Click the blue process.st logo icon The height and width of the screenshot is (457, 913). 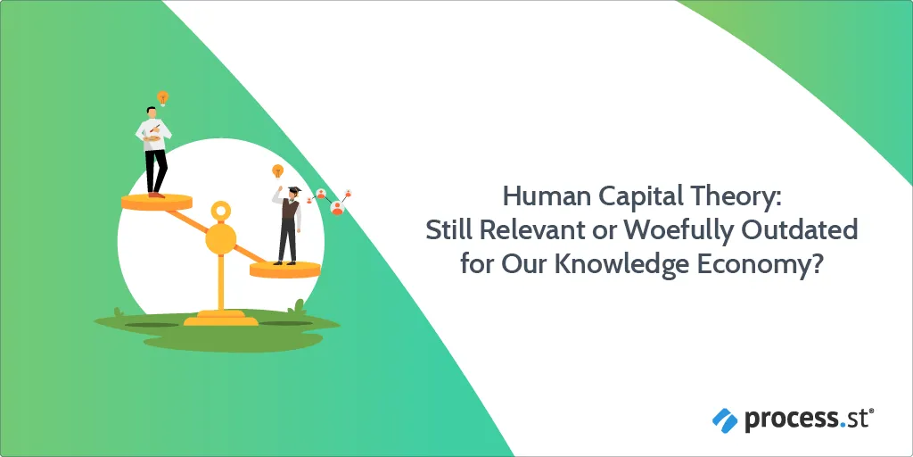(x=725, y=420)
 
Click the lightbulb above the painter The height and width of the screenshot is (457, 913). (x=162, y=98)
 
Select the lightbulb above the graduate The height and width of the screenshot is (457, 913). (x=278, y=171)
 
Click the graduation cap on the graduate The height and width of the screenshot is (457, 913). (x=294, y=191)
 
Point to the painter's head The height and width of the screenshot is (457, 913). (x=152, y=112)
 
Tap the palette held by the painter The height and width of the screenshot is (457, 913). (x=152, y=138)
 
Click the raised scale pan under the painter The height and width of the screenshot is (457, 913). (x=157, y=203)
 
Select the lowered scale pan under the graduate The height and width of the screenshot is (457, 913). (x=285, y=270)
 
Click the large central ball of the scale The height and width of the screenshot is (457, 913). (x=221, y=239)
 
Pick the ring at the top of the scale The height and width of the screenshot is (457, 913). (x=221, y=211)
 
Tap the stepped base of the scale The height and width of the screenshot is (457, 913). (x=221, y=318)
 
